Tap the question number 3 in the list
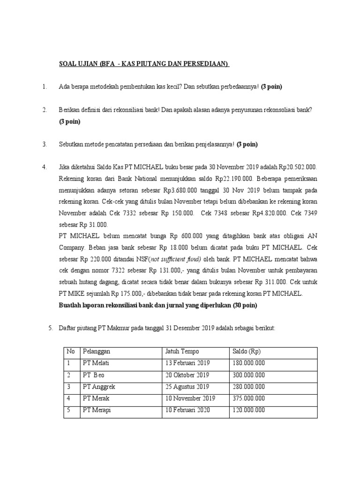point(44,144)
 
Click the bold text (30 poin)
point(242,305)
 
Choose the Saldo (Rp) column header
point(247,352)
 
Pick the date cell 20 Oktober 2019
point(187,375)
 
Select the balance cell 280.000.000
point(248,387)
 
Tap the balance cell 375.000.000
point(248,398)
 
